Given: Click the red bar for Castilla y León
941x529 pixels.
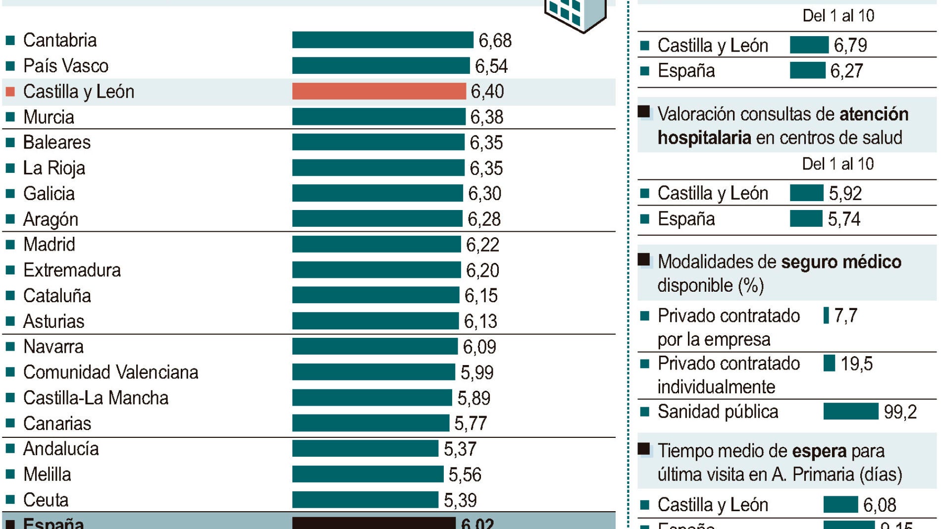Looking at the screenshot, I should point(379,91).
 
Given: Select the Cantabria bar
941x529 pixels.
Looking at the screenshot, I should point(382,40).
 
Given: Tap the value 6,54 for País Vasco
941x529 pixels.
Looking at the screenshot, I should point(491,66).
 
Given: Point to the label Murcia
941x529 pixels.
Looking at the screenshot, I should point(49,117).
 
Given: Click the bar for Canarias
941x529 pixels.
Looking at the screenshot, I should point(370,423).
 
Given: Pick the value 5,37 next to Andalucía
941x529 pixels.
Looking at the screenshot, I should point(460,449).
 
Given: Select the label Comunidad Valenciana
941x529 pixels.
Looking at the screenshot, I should point(110,372).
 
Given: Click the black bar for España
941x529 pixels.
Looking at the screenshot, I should point(373,523).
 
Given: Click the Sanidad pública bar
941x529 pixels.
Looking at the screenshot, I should point(850,411).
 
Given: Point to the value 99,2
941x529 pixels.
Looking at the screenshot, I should point(900,412).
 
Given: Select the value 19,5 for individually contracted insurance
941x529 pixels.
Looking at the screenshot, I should point(856,364).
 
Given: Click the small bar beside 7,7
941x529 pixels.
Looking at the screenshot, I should point(826,315).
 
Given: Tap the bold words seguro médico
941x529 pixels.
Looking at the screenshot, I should point(841,262).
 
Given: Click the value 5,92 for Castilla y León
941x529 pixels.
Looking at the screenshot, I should point(845,193).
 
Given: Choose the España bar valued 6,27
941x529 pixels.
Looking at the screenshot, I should point(807,70).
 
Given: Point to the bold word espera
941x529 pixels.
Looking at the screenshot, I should point(819,451).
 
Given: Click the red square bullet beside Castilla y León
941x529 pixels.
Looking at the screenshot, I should point(10,92).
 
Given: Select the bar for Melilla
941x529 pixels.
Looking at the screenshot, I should point(367,474).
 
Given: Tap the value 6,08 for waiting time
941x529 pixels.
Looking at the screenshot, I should point(880,505).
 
